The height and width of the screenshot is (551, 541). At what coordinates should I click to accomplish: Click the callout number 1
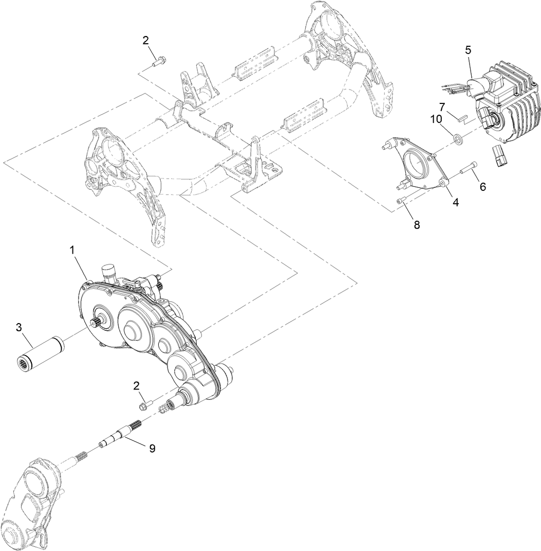(x=72, y=250)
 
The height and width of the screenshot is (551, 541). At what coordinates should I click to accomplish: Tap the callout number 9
(x=152, y=448)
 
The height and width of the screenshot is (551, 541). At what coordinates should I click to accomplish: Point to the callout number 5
(x=468, y=50)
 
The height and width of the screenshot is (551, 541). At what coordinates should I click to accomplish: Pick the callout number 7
(x=441, y=106)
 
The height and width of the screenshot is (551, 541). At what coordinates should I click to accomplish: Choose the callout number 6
(x=482, y=187)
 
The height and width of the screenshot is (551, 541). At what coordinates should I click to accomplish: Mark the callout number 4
(x=455, y=203)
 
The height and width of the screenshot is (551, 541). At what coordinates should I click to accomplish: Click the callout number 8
(x=417, y=224)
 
